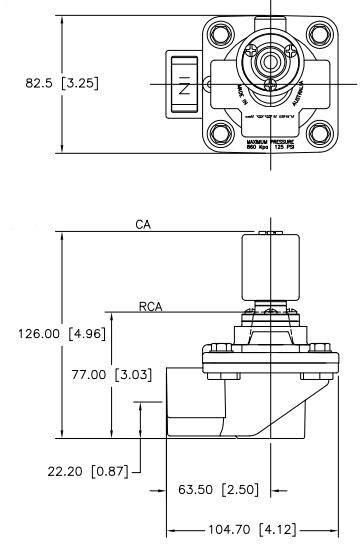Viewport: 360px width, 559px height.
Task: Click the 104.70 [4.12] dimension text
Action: point(249,527)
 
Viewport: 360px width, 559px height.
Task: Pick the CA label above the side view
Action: point(143,225)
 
